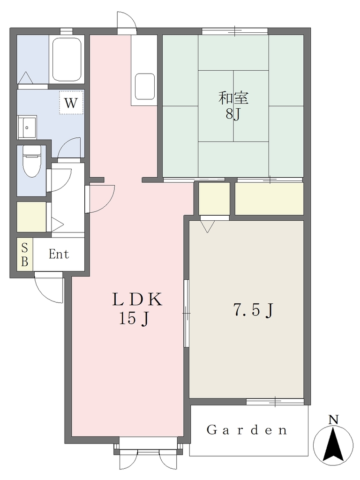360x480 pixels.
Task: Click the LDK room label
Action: [137, 300]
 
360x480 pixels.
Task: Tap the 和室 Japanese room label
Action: [233, 98]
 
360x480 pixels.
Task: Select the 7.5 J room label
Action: [253, 310]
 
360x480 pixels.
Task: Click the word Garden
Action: [247, 430]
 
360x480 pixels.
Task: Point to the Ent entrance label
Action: [59, 254]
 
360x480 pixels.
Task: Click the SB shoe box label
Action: [25, 255]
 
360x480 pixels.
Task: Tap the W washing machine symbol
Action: [71, 103]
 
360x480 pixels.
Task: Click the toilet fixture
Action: [32, 161]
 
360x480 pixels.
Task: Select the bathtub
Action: [67, 59]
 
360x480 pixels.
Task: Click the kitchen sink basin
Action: [144, 86]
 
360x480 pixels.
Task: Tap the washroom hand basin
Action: [27, 127]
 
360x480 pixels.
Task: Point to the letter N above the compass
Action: [333, 420]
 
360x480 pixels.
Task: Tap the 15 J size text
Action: [134, 319]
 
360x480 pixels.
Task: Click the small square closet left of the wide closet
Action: [214, 199]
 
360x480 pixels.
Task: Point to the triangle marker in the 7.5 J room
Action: [208, 226]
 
